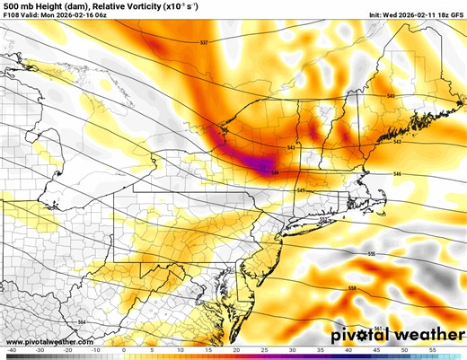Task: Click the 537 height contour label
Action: point(204,42)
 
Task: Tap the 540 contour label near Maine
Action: point(391,95)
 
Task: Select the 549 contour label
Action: point(301,190)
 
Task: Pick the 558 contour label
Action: point(352,287)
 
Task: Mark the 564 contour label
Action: point(82,321)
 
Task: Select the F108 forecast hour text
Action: point(13,15)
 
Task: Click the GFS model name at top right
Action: point(454,15)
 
